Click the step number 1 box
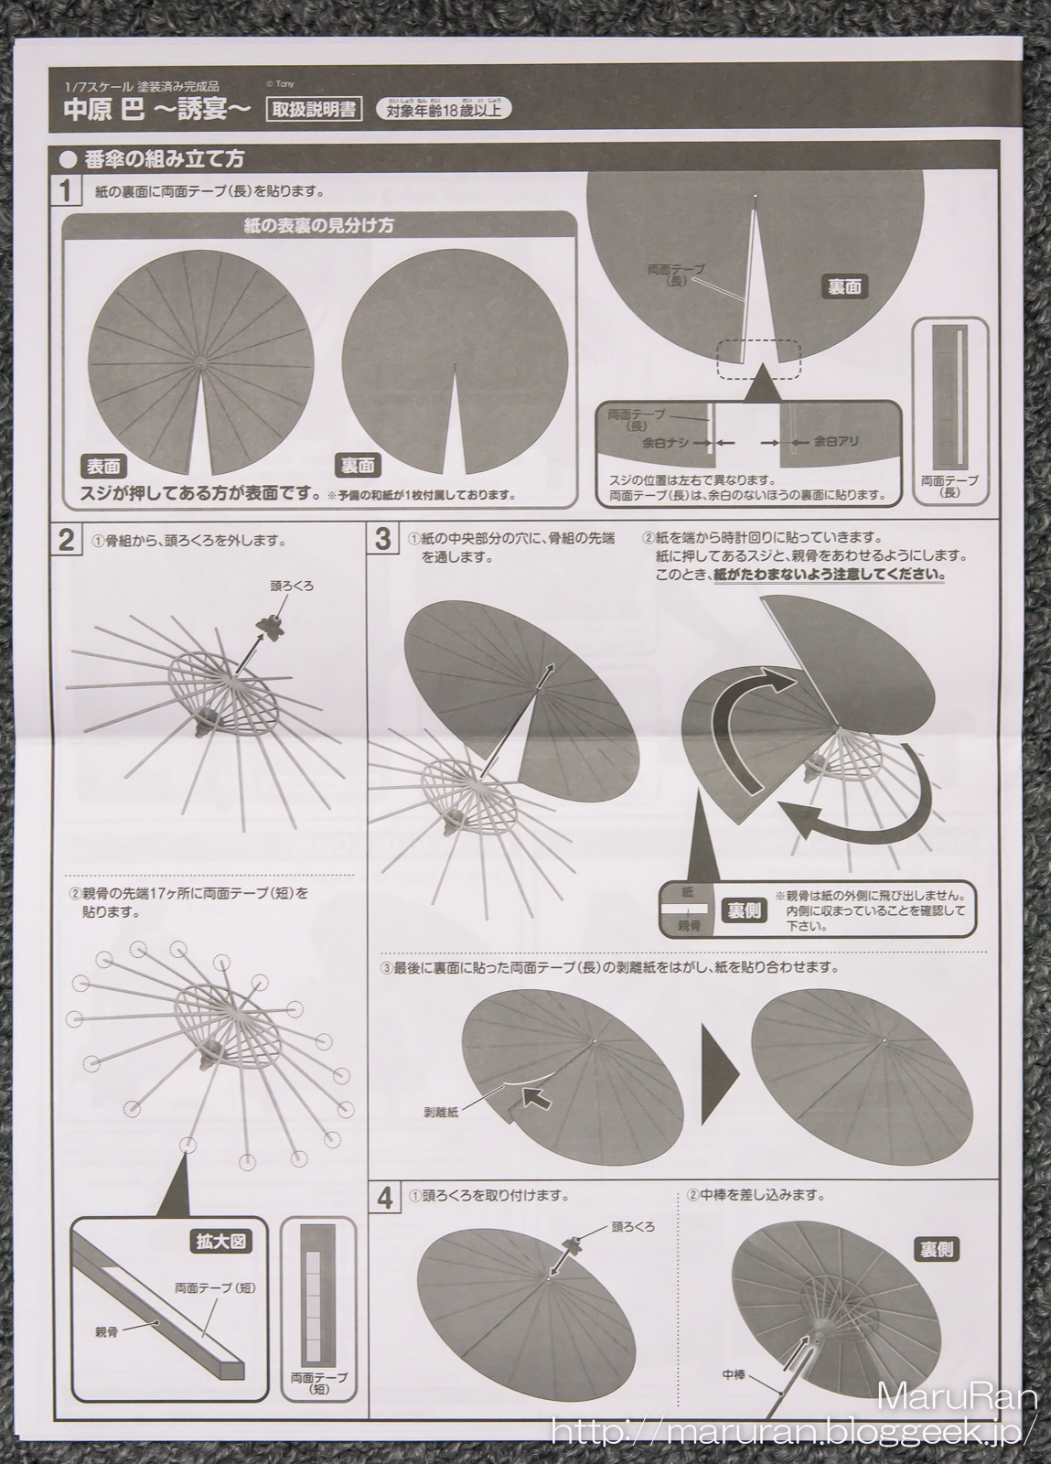[x=66, y=192]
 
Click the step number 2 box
[x=66, y=541]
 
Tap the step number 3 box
[x=382, y=540]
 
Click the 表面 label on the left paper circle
[x=103, y=465]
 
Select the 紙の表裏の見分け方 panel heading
[x=318, y=225]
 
